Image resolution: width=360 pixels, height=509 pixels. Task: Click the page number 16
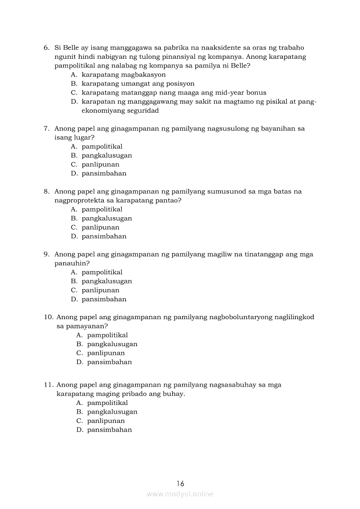180,483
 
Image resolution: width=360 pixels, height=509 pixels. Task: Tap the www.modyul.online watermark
180,494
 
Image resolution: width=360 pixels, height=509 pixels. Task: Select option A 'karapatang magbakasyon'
123,74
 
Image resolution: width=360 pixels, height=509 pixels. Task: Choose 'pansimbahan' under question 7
104,173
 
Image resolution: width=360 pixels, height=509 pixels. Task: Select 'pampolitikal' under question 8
102,209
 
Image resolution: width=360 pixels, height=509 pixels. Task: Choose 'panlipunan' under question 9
100,290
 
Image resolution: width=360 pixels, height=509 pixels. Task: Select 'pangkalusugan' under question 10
112,344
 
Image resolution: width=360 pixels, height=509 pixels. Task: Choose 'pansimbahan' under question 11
109,430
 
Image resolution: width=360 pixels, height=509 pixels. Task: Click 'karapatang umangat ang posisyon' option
138,84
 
